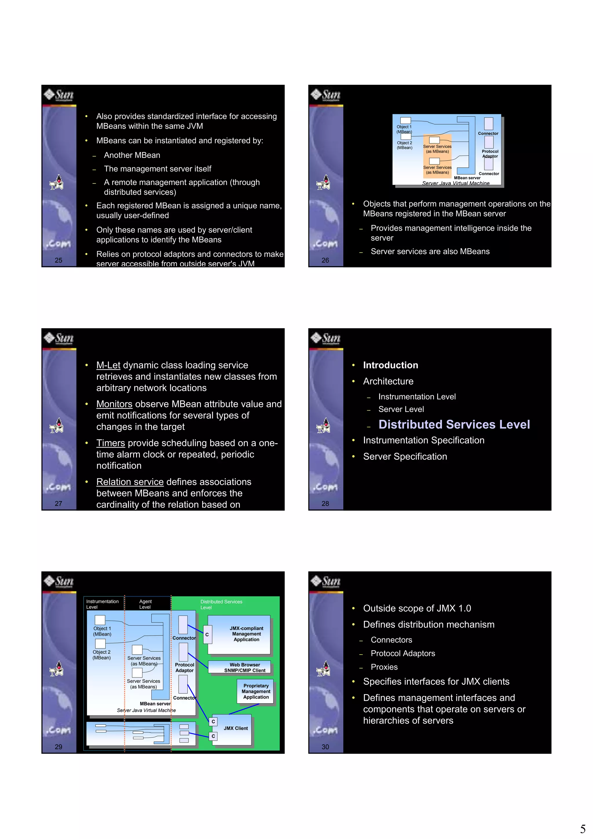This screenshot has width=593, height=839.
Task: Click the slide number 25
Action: point(58,260)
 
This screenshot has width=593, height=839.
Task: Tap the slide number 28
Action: point(325,503)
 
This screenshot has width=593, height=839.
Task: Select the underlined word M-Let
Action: point(108,365)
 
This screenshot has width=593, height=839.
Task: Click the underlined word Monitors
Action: point(114,404)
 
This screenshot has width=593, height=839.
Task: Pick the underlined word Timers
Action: point(110,443)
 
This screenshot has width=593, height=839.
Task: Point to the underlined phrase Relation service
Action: point(130,482)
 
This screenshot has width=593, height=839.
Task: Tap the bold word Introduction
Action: point(390,365)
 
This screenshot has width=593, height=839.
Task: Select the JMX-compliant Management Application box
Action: point(246,634)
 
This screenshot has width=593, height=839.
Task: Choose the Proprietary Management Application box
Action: point(255,691)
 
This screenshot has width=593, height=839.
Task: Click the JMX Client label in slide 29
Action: point(236,728)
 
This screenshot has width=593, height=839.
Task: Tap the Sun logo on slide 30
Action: point(325,581)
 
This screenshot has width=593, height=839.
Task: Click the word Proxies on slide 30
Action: point(384,667)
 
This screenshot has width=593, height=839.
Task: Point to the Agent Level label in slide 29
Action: point(145,604)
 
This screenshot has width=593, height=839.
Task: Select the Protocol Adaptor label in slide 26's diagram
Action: point(490,153)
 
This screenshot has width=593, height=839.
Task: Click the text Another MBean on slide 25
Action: point(132,155)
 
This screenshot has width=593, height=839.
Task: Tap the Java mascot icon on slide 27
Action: point(57,426)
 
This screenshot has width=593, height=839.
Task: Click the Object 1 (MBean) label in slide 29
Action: point(102,631)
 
